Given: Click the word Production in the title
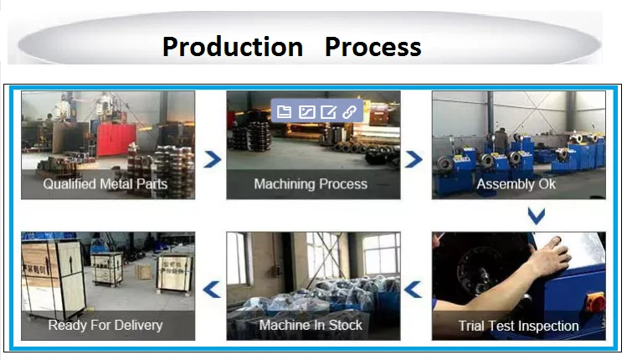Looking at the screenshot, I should [233, 46].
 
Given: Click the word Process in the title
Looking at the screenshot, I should [373, 46].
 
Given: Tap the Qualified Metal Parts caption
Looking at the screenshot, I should [105, 184].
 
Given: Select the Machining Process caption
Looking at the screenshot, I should [311, 184].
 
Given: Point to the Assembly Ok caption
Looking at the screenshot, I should [516, 184].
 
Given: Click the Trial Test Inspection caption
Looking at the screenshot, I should [518, 326].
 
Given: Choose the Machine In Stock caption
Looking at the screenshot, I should [311, 325].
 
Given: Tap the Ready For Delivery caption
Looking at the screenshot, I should [105, 325].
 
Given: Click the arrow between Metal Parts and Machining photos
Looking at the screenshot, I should [213, 159].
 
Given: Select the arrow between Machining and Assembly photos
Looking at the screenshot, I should [414, 159].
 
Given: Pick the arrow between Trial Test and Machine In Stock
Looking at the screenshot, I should [414, 291].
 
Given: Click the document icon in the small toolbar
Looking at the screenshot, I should [284, 111].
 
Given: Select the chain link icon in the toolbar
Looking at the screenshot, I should [350, 111].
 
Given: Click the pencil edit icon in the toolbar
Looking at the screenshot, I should [328, 111].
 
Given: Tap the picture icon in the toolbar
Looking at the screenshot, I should [306, 111].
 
